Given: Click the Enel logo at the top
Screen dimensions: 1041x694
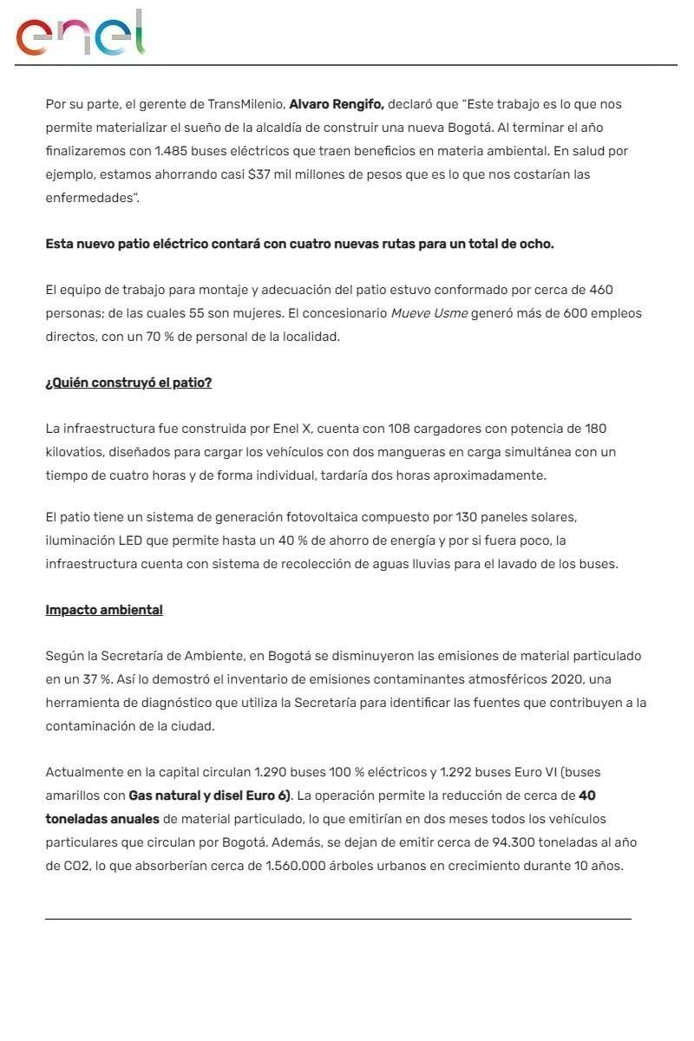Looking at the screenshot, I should [x=81, y=35].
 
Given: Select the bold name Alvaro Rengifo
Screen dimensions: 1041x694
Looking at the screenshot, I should [x=336, y=104].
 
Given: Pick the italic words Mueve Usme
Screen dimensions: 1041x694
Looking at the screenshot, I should [x=429, y=313].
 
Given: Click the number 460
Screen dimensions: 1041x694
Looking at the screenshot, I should [x=601, y=290].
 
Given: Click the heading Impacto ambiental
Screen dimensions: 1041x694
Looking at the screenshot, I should [x=104, y=610].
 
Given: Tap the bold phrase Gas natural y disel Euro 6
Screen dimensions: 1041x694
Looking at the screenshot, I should [x=209, y=795].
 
